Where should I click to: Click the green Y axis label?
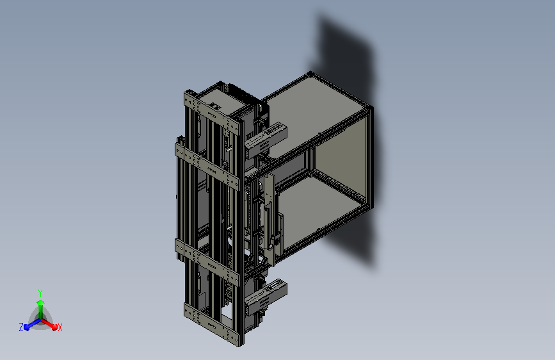(x=40, y=293)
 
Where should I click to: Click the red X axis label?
(x=60, y=327)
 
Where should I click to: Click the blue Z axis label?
(x=21, y=327)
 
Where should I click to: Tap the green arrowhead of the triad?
(x=40, y=303)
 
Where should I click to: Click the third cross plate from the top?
(x=206, y=263)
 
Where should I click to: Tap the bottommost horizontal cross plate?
(x=212, y=324)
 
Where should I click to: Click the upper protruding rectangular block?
(x=266, y=140)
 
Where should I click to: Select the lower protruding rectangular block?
(x=266, y=297)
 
